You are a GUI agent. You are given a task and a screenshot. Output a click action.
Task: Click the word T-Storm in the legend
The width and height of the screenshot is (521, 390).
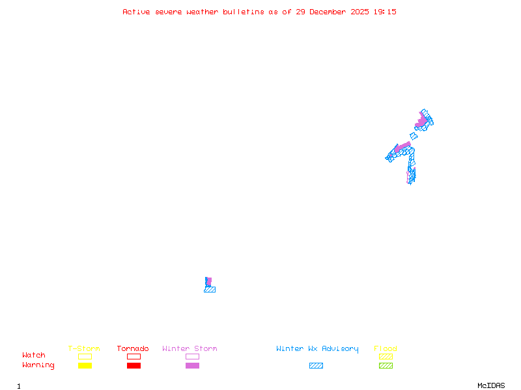pyautogui.click(x=84, y=349)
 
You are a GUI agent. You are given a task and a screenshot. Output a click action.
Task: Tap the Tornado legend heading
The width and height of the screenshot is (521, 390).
pyautogui.click(x=133, y=349)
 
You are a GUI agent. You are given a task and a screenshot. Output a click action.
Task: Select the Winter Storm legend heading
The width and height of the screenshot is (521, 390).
pyautogui.click(x=190, y=349)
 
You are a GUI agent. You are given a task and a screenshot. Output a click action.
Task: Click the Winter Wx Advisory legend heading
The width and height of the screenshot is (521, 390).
pyautogui.click(x=317, y=349)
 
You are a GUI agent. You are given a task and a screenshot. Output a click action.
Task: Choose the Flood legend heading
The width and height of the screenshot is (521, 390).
pyautogui.click(x=386, y=349)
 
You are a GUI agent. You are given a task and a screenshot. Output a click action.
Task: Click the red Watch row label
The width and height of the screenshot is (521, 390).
pyautogui.click(x=34, y=356)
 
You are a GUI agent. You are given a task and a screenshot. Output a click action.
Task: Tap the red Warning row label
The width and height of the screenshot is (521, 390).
pyautogui.click(x=38, y=365)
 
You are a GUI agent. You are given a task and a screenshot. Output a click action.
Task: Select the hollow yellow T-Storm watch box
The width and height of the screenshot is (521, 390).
pyautogui.click(x=85, y=356)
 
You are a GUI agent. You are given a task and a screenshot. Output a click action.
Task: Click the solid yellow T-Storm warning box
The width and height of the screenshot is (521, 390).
pyautogui.click(x=85, y=365)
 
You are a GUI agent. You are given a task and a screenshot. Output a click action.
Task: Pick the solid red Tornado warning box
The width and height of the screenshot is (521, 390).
pyautogui.click(x=134, y=365)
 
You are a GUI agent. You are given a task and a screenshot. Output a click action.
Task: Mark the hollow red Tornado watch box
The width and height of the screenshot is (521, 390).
pyautogui.click(x=134, y=356)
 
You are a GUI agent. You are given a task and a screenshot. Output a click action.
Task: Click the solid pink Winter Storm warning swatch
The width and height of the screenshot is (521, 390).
pyautogui.click(x=192, y=365)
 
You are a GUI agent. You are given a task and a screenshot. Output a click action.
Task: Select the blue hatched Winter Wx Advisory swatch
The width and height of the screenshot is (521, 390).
pyautogui.click(x=316, y=365)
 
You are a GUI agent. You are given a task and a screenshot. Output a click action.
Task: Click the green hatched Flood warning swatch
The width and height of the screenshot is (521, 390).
pyautogui.click(x=386, y=365)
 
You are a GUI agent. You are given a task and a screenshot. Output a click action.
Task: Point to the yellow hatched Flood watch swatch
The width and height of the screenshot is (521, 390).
pyautogui.click(x=386, y=356)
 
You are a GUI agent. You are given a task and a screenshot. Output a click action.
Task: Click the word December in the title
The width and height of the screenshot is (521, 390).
pyautogui.click(x=331, y=12)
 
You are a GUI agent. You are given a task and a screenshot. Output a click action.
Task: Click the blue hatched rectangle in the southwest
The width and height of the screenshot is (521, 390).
pyautogui.click(x=210, y=289)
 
